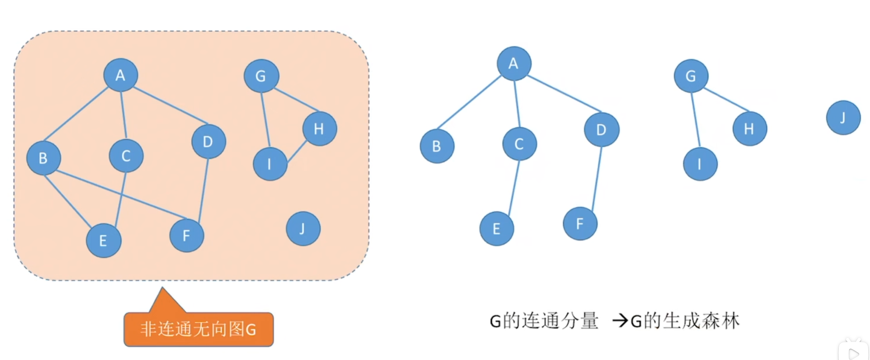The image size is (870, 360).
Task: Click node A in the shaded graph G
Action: tap(120, 75)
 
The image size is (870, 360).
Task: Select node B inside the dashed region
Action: tap(43, 158)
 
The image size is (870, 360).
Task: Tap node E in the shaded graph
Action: tap(104, 241)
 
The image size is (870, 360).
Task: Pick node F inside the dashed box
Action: tap(186, 235)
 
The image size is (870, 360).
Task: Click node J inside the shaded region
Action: tap(303, 229)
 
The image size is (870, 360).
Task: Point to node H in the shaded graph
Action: tap(319, 129)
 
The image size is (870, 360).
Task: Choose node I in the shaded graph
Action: tap(270, 164)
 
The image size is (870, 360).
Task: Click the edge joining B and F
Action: tap(121, 194)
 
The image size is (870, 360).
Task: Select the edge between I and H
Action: tap(297, 151)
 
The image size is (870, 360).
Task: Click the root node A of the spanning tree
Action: tap(514, 63)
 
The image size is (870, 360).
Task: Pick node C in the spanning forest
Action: tap(519, 144)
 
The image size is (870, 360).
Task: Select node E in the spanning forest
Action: tap(496, 229)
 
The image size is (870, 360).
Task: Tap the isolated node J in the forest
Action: tap(843, 118)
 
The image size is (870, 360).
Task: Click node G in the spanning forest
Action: tap(691, 76)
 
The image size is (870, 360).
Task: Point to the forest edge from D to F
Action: tap(597, 178)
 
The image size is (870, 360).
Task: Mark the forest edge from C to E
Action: tap(514, 187)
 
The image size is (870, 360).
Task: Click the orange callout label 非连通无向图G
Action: tap(199, 329)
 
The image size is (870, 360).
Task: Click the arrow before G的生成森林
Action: tap(620, 321)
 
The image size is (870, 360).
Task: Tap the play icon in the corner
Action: tap(854, 353)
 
